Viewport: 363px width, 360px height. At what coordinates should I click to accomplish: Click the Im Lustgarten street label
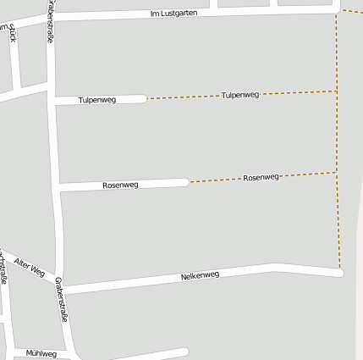click(173, 13)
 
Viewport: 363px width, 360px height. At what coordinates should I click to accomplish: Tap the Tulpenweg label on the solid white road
click(97, 100)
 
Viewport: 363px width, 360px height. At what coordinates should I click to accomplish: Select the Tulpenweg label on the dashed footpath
click(239, 95)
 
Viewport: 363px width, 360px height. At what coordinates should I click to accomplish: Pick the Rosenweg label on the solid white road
click(120, 185)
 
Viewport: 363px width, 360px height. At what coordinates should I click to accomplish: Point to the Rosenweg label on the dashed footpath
click(261, 178)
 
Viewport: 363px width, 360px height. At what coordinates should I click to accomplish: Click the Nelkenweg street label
click(200, 275)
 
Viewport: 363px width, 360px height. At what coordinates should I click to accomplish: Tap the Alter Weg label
click(30, 267)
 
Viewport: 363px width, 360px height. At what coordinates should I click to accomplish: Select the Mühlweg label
click(41, 353)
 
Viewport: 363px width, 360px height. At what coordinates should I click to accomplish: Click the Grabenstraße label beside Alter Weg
click(60, 301)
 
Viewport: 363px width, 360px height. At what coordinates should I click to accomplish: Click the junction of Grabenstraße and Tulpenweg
click(54, 101)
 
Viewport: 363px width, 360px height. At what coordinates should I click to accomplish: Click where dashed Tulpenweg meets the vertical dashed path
click(337, 91)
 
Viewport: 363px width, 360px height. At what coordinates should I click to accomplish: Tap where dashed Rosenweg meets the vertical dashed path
click(338, 173)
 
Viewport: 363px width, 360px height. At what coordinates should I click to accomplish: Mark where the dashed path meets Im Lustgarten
click(337, 11)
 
